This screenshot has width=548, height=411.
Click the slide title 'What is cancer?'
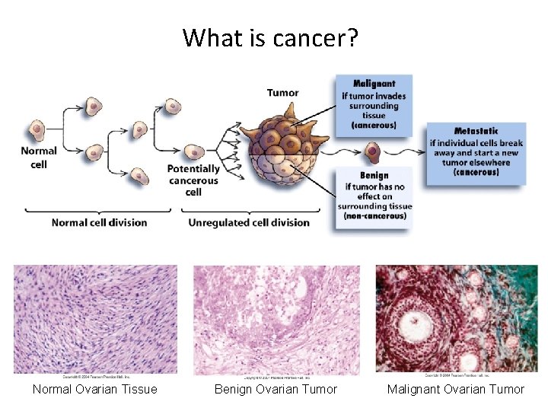[270, 37]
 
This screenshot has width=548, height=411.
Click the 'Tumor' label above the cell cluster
[282, 93]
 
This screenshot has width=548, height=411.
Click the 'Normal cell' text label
[39, 158]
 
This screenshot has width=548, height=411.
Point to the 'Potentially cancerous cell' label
[193, 180]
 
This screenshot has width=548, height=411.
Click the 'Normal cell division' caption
[99, 222]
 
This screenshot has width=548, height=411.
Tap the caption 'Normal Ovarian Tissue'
[95, 390]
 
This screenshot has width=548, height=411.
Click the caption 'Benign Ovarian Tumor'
[276, 390]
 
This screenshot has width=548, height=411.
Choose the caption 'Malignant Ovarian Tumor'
[456, 390]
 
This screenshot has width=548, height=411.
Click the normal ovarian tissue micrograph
[95, 318]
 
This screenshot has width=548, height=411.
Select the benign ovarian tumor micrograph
[276, 318]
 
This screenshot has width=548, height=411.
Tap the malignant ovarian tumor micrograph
[457, 318]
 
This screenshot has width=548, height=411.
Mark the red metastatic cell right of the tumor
[372, 151]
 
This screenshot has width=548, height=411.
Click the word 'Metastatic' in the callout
[476, 131]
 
